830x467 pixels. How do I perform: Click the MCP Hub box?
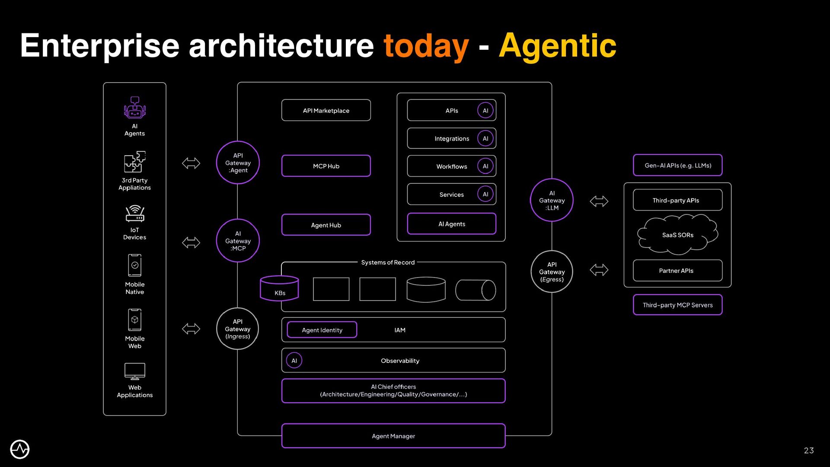[x=326, y=166]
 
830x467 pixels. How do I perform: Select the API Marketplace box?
[x=326, y=111]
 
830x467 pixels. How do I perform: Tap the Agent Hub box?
[x=326, y=225]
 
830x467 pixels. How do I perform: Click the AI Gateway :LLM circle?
[x=552, y=200]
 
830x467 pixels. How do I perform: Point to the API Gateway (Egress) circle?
[x=552, y=272]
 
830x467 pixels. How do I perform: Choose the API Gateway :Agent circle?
[x=238, y=163]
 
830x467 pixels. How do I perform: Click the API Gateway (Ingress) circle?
[x=238, y=329]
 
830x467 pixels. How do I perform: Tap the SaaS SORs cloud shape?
[x=677, y=235]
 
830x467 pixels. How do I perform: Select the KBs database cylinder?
[x=279, y=288]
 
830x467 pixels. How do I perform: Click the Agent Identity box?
[x=322, y=330]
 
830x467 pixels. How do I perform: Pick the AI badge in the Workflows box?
[x=485, y=166]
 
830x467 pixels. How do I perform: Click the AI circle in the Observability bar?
[x=294, y=360]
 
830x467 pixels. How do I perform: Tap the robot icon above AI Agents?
[x=135, y=108]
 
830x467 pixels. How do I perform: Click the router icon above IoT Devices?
[x=135, y=214]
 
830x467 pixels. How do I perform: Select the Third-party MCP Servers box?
[x=677, y=305]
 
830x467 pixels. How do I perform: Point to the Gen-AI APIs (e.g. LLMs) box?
[x=677, y=165]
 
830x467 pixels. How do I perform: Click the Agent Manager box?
[x=393, y=436]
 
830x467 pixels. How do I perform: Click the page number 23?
[x=809, y=451]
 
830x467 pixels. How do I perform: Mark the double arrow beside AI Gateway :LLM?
[x=599, y=201]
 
